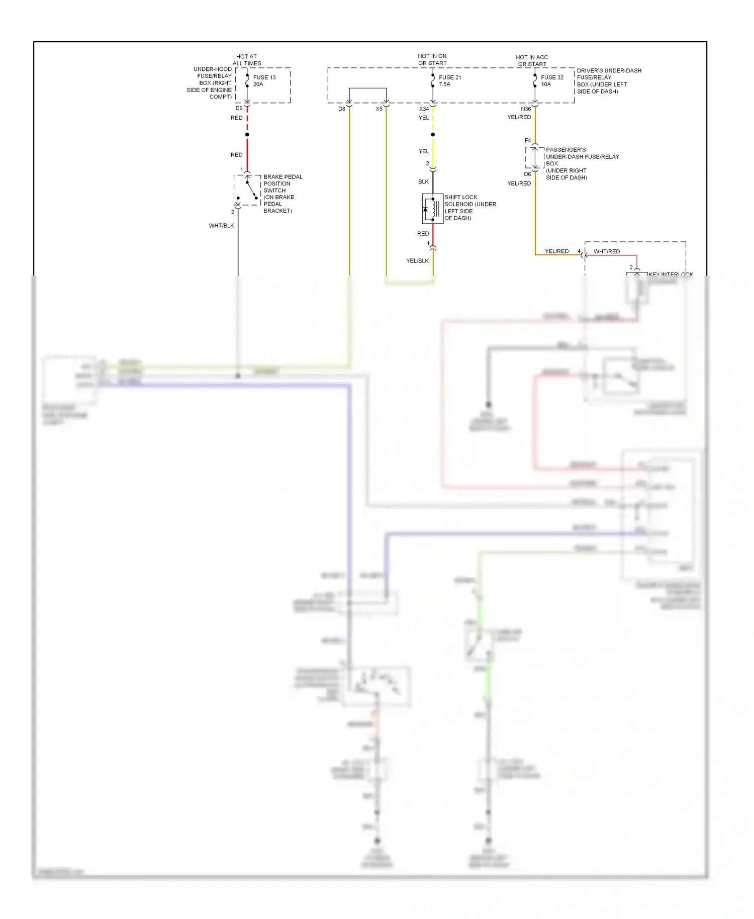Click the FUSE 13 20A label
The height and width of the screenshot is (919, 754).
[264, 81]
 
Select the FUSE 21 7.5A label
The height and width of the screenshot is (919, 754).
[449, 81]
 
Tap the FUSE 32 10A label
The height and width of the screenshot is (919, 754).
[551, 81]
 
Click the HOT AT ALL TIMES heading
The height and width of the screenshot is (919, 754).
[247, 60]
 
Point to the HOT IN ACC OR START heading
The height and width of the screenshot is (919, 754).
[532, 60]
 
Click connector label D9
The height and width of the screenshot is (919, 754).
[239, 108]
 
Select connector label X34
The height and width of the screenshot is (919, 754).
[424, 109]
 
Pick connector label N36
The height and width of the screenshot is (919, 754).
[526, 109]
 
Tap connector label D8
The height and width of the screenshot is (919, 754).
[342, 109]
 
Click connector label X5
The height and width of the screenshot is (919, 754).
[379, 109]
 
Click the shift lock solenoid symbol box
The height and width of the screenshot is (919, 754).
[432, 208]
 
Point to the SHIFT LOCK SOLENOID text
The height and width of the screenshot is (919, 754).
[469, 208]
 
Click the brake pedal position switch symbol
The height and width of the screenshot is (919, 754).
[247, 190]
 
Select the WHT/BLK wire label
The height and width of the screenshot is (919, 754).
[221, 226]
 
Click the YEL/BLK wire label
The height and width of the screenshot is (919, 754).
[417, 261]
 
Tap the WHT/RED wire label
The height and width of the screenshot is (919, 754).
[606, 251]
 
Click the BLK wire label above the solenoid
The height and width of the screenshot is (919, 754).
[423, 182]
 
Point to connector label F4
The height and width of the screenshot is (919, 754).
[527, 141]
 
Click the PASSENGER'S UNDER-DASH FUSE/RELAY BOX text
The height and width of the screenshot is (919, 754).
[582, 163]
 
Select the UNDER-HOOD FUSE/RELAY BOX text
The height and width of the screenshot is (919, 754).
[210, 83]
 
